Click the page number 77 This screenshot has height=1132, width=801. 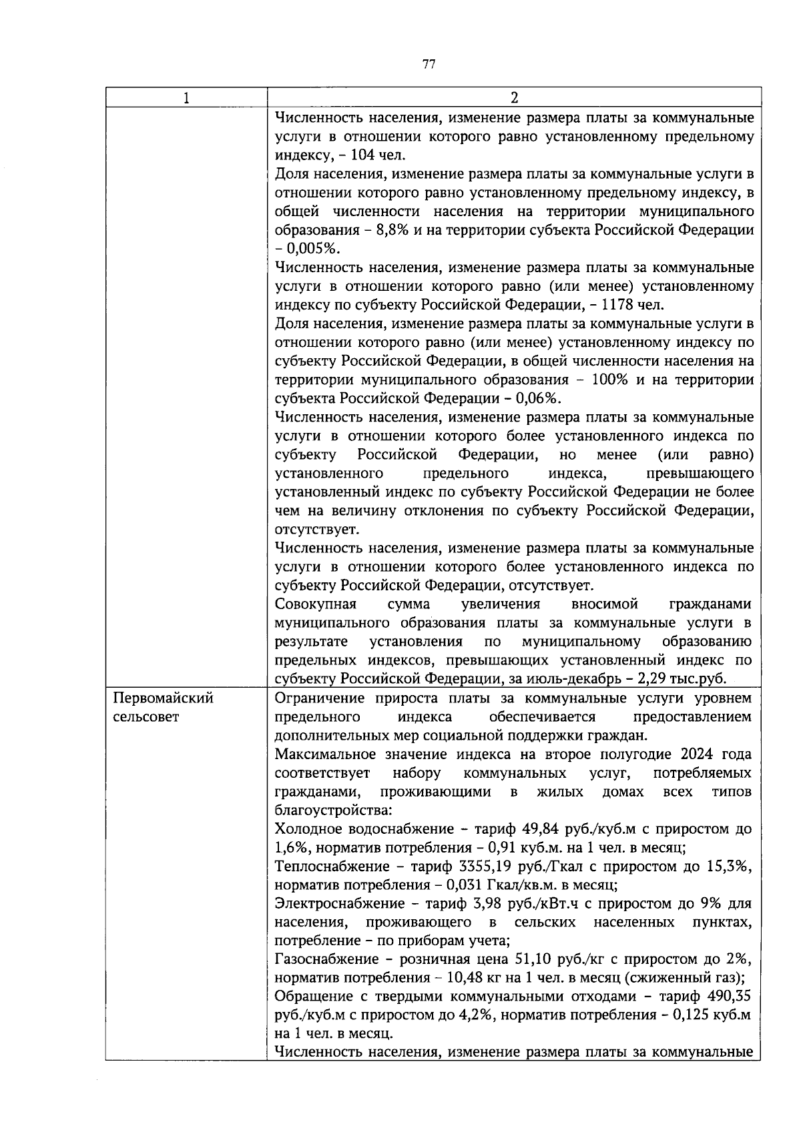point(429,65)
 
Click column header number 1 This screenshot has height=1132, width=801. point(186,98)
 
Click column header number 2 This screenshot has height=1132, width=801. point(514,98)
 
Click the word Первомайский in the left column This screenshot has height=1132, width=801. point(164,698)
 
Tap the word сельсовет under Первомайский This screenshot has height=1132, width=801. point(146,718)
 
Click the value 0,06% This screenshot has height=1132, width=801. point(537,399)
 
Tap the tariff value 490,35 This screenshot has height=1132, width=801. point(729,997)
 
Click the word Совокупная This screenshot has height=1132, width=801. point(315,604)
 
